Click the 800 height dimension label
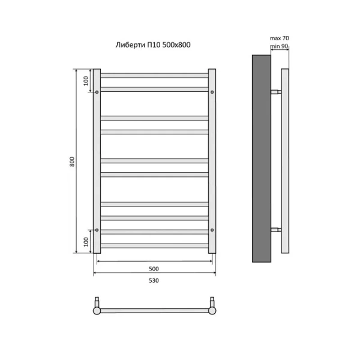73,161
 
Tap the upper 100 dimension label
86,81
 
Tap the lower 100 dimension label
86,242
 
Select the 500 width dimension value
154,268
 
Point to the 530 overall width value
154,280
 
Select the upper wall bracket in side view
275,92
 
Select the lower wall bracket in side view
275,230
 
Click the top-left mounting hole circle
97,92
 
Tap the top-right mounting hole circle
212,92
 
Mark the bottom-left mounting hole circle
97,229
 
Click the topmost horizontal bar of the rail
154,75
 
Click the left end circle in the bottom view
97,310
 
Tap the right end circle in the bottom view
212,310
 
